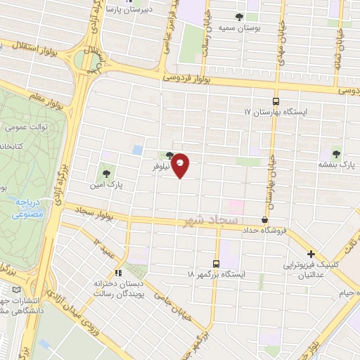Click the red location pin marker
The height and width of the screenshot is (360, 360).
181,165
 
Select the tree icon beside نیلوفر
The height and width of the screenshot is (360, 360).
169,156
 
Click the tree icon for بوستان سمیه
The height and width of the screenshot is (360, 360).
240,17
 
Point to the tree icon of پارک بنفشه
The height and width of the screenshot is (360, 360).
335,153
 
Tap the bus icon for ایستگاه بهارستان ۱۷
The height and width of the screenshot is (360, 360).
276,101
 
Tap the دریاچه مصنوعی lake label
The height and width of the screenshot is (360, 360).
27,207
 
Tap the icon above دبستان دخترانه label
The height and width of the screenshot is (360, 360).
118,272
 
